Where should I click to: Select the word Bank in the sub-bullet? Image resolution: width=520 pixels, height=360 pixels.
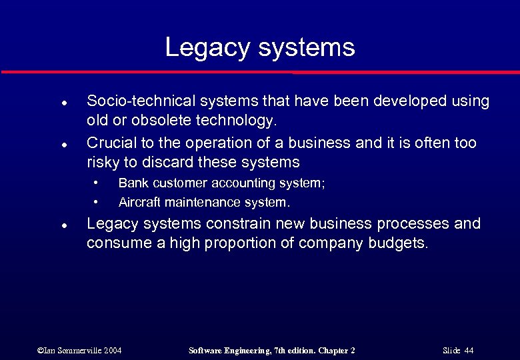click(130, 183)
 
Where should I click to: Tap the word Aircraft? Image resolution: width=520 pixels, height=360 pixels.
click(137, 202)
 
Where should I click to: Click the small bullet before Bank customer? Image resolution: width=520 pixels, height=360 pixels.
click(97, 182)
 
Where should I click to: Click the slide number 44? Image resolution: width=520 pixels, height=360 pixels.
click(469, 351)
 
